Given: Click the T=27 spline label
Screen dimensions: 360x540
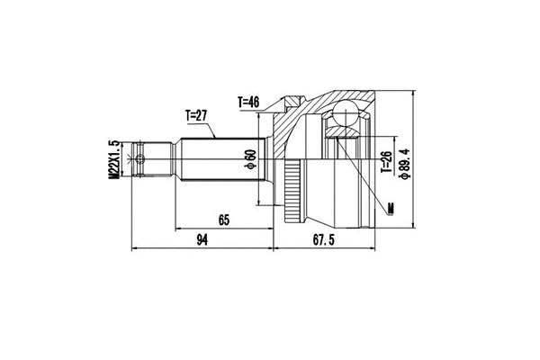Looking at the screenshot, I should [x=197, y=115].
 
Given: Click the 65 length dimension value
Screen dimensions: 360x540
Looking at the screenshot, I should [x=223, y=219].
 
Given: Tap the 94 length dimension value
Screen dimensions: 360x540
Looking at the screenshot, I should [x=202, y=239].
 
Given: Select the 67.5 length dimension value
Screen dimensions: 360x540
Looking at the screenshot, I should [x=323, y=239].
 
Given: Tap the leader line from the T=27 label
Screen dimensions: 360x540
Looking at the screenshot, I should [x=213, y=129].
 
